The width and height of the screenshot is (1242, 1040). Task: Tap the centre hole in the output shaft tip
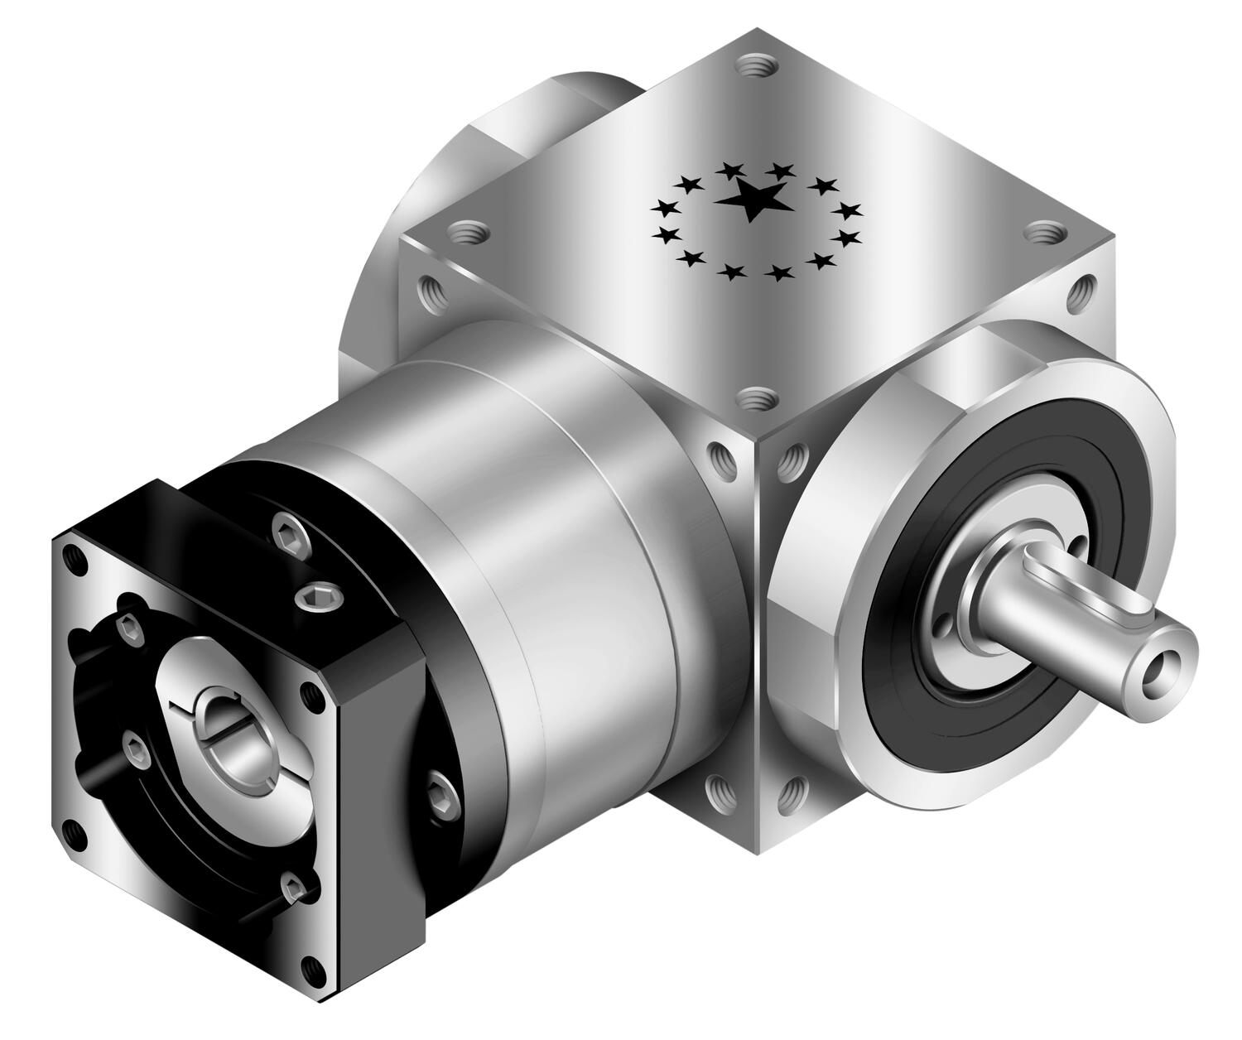[1154, 663]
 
